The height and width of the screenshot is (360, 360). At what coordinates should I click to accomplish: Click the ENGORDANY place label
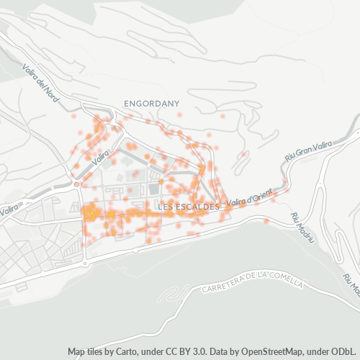point(151,104)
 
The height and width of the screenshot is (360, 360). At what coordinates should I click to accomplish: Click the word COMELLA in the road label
point(285,282)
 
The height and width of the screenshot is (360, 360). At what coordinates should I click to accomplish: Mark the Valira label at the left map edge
point(8,211)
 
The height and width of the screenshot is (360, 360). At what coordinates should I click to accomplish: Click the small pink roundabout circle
point(76,184)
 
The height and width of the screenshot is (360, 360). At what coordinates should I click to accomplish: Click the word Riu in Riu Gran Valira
point(290,156)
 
